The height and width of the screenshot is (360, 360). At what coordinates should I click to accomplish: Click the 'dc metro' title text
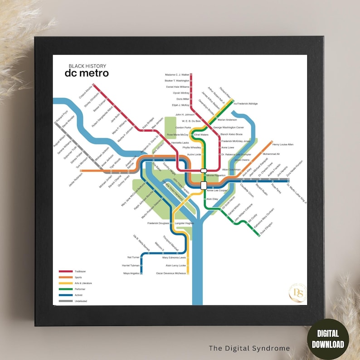coord(86,73)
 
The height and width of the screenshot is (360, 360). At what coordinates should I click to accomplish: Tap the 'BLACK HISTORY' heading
coord(86,66)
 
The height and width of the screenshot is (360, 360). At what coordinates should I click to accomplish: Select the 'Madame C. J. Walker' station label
coord(177,74)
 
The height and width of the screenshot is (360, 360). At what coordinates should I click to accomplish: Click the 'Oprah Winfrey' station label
coord(181,92)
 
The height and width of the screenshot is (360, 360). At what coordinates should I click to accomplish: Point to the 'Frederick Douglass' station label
coord(158,223)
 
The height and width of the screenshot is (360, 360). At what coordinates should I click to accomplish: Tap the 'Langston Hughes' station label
coord(185,223)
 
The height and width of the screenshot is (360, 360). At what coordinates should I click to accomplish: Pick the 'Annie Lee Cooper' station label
coord(217,190)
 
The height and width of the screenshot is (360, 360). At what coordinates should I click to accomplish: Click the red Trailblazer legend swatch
coord(66,271)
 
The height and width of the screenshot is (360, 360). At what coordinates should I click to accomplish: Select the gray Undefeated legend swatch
coord(66,301)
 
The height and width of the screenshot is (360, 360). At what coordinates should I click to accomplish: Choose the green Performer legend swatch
coord(66,289)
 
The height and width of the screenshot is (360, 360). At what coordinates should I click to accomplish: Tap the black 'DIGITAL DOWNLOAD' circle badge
coord(327,339)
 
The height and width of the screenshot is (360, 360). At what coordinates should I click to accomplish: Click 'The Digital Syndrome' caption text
coord(249,348)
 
